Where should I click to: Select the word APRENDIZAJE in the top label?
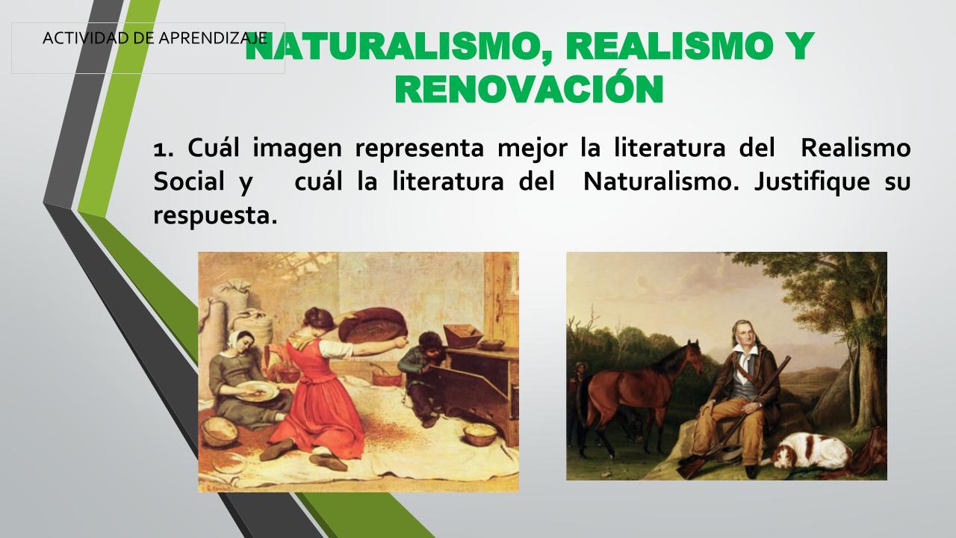click(x=213, y=38)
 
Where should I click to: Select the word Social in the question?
click(x=189, y=181)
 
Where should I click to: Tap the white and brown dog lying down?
click(x=811, y=451)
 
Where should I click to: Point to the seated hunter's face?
click(x=745, y=334)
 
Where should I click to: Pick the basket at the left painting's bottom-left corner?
click(x=219, y=431)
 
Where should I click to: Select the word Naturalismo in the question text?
click(x=661, y=181)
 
